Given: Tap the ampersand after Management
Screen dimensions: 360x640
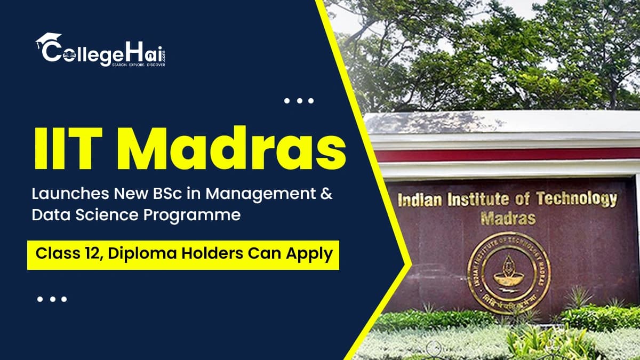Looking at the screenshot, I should point(325,195).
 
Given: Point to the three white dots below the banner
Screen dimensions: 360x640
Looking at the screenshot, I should point(52,299).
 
